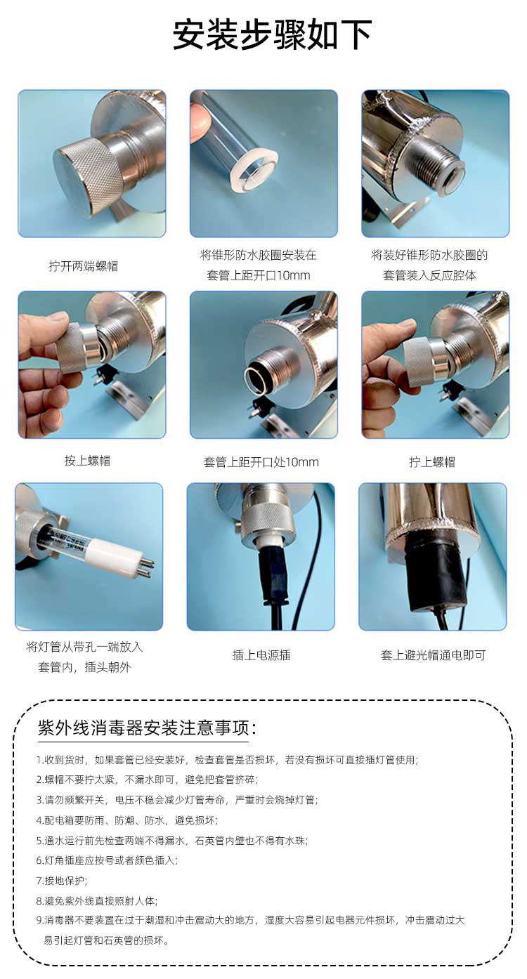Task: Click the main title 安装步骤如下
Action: point(272,34)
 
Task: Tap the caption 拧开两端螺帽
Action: point(83,265)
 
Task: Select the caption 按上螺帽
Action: point(87,460)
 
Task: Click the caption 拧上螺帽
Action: point(431,461)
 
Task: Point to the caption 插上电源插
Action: point(261,655)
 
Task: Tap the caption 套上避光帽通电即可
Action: point(433,655)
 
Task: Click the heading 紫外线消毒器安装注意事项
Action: point(147,728)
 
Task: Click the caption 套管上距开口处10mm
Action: point(261,461)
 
